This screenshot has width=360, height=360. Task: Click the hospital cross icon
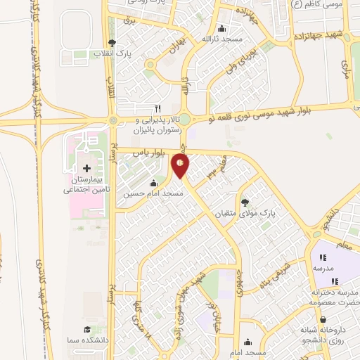(86, 169)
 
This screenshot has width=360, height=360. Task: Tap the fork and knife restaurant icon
(157, 108)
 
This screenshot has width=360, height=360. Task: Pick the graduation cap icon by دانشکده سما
(87, 329)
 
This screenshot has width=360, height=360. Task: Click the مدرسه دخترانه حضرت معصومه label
(328, 296)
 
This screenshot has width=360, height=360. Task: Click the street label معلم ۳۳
(212, 169)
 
